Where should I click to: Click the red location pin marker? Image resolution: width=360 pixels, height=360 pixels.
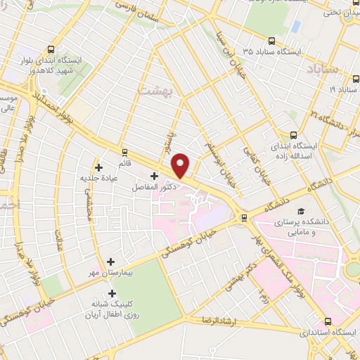[x=181, y=165]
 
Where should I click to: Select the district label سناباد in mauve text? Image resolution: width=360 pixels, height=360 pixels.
[x=323, y=69]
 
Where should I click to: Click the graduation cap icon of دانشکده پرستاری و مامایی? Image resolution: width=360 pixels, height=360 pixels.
[x=301, y=211]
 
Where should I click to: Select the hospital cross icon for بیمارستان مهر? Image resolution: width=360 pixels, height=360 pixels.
[x=110, y=262]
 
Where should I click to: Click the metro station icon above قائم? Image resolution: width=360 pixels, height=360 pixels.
[x=124, y=151]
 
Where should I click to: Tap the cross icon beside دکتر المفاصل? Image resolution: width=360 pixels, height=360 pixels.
[x=154, y=176]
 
